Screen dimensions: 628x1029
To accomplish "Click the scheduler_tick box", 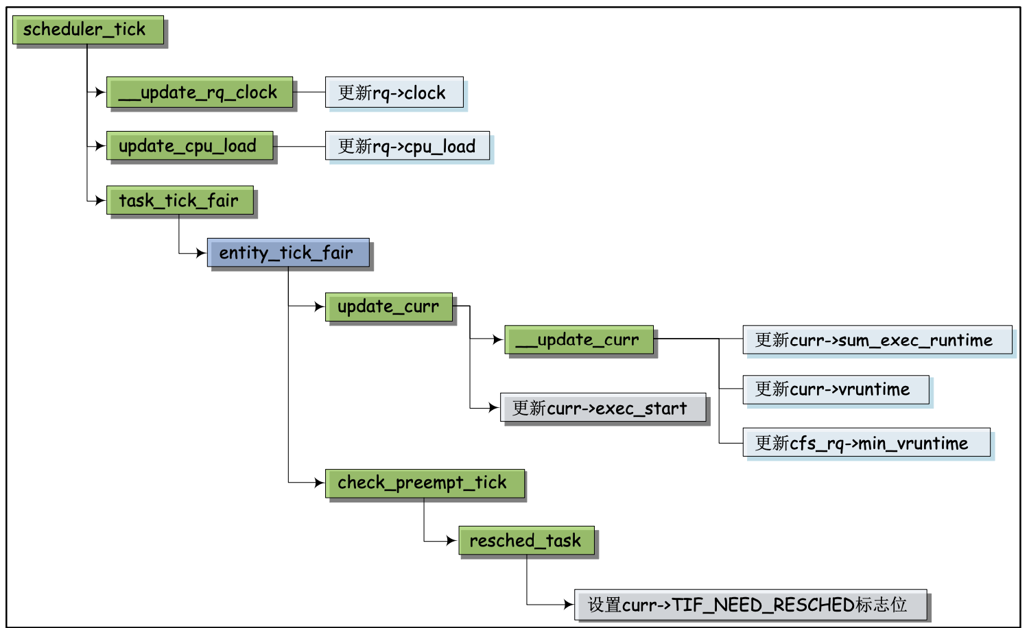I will point(88,29).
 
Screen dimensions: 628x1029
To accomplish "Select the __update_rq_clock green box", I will point(200,92).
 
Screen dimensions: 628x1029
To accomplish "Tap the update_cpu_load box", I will point(189,146).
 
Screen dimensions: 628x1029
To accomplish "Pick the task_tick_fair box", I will point(180,200).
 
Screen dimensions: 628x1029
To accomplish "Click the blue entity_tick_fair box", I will point(288,253).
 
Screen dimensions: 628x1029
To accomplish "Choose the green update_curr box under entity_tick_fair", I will point(389,306).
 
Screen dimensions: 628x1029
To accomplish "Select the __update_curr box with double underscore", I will point(579,340).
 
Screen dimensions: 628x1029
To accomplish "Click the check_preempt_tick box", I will point(425,483).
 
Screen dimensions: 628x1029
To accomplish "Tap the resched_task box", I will point(526,540).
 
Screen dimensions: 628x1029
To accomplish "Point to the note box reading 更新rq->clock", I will point(394,93).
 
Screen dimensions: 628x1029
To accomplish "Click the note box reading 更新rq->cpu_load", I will point(407,146).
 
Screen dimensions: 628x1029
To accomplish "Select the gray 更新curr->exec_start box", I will point(602,408).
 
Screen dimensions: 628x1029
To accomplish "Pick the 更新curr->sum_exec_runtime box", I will point(877,340).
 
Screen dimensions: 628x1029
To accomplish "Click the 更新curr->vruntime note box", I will point(836,389).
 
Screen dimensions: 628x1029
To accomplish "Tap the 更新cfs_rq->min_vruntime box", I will point(866,443).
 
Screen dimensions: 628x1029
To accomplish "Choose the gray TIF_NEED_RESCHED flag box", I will point(750,605).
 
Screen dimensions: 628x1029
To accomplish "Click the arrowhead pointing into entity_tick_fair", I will point(201,253).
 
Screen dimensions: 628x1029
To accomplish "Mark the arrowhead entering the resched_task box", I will point(452,541).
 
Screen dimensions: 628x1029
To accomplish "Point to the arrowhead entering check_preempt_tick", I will point(319,483).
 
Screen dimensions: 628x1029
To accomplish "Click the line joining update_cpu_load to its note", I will point(299,146).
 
